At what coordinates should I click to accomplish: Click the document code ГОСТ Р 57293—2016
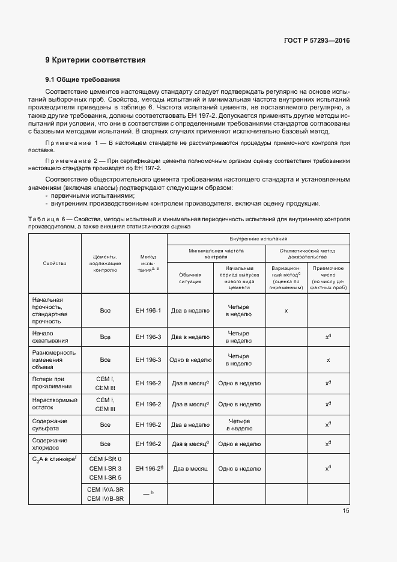click(x=317, y=41)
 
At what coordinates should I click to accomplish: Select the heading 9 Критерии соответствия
click(x=95, y=60)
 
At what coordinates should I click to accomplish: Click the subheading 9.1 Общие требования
click(x=83, y=79)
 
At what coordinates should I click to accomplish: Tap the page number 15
click(x=346, y=511)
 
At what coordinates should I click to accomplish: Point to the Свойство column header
click(x=55, y=263)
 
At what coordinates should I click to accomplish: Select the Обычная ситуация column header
click(x=190, y=278)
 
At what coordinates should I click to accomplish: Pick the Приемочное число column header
click(x=328, y=278)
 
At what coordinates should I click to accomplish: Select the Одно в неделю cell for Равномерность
click(x=190, y=359)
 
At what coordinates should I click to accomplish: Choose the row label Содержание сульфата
click(x=50, y=425)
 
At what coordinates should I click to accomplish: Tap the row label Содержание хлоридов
click(x=50, y=444)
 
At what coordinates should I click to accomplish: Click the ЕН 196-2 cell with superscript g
click(x=148, y=468)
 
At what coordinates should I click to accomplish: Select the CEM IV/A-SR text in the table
click(x=105, y=489)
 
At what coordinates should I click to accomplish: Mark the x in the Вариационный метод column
click(x=286, y=311)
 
